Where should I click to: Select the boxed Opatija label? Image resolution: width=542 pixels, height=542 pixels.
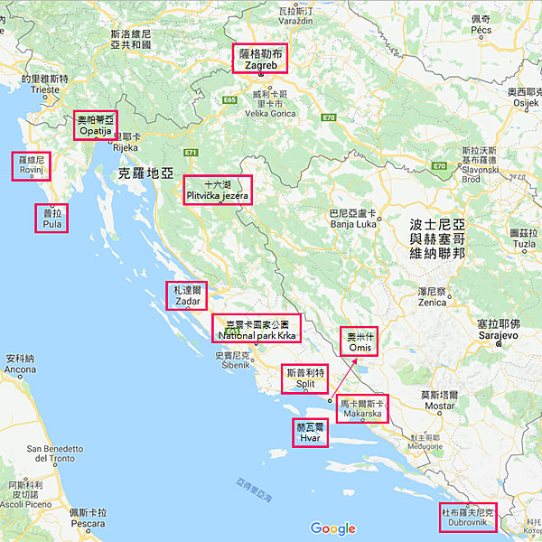[x=96, y=125]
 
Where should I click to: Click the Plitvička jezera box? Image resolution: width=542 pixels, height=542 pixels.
[x=218, y=190]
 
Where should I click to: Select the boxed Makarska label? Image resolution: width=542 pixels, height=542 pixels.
[x=361, y=408]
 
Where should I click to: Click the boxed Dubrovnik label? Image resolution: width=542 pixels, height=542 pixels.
[x=468, y=518]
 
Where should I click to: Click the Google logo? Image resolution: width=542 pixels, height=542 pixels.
[x=333, y=528]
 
